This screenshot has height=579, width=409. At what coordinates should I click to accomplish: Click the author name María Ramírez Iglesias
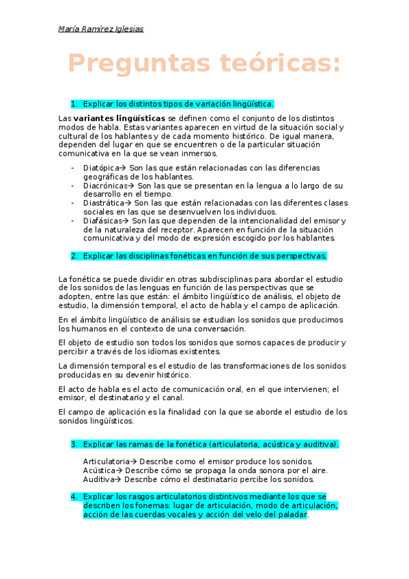101,29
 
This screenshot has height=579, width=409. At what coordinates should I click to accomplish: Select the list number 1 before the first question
74,104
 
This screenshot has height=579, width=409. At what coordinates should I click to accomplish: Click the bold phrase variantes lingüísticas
119,118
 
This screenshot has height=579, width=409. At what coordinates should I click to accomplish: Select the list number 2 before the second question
74,256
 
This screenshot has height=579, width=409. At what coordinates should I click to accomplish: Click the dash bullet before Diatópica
73,167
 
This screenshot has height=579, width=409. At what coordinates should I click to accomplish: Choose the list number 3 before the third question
74,444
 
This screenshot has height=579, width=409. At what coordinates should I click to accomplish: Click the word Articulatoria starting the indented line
105,462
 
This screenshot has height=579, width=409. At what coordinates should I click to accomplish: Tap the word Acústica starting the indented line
98,470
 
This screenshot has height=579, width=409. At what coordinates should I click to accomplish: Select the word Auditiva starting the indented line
98,479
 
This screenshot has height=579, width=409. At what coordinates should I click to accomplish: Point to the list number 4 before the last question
74,497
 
